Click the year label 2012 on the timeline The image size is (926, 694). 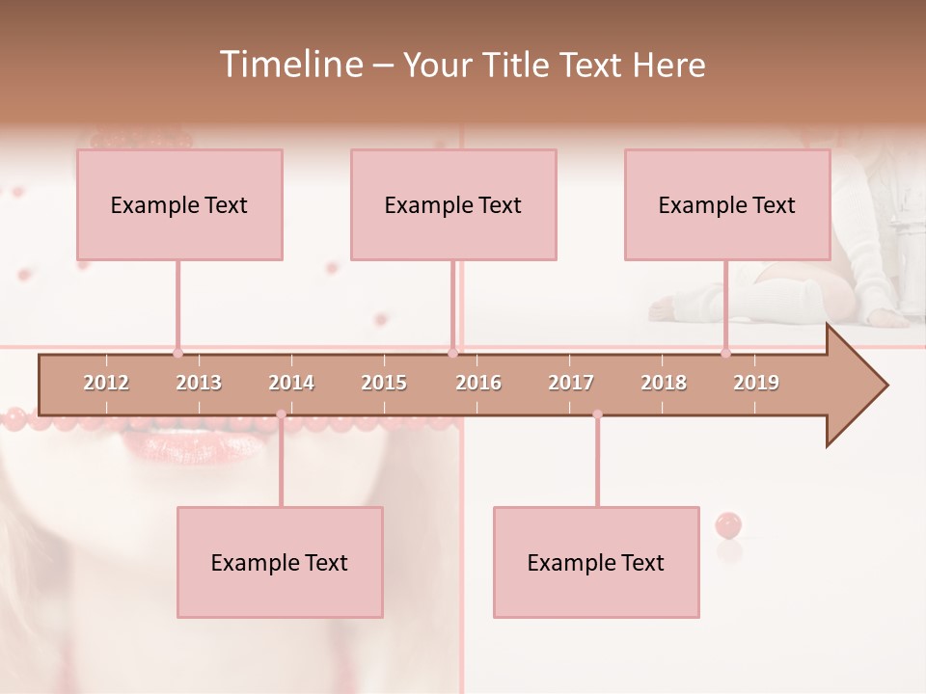(106, 383)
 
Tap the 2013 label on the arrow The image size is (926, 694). (199, 383)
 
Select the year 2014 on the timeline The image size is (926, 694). (291, 383)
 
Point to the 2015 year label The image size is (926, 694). (384, 383)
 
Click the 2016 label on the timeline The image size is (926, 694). (478, 383)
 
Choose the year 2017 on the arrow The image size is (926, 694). (571, 383)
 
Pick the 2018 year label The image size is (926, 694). (664, 383)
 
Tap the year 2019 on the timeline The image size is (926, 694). (756, 383)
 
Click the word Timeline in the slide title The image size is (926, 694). (288, 65)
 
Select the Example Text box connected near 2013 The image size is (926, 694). (179, 204)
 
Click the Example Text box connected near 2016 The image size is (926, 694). (453, 204)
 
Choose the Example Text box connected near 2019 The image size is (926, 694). (727, 204)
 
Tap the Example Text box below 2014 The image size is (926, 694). (280, 562)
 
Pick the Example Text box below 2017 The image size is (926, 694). (596, 562)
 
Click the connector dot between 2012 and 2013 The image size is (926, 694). (177, 353)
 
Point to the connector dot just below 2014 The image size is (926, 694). (281, 414)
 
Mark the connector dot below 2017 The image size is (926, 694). (597, 414)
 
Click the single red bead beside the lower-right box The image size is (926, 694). (728, 525)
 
